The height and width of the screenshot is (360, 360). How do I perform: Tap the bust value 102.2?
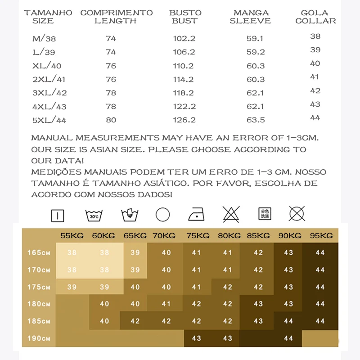pyautogui.click(x=184, y=39)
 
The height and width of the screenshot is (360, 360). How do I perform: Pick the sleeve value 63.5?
pyautogui.click(x=256, y=120)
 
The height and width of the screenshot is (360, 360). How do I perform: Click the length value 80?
pyautogui.click(x=111, y=120)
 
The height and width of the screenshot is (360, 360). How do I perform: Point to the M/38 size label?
pyautogui.click(x=44, y=39)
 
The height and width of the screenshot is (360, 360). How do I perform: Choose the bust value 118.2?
pyautogui.click(x=184, y=93)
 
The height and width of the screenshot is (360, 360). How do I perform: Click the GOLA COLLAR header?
pyautogui.click(x=315, y=17)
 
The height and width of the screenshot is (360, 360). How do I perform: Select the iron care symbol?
pyautogui.click(x=197, y=214)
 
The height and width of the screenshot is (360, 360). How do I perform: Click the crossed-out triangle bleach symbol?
pyautogui.click(x=230, y=214)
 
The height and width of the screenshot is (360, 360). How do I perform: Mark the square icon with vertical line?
pyautogui.click(x=58, y=215)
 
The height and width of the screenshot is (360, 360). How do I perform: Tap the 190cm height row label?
pyautogui.click(x=39, y=338)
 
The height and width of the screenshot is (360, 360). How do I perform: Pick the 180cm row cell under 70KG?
pyautogui.click(x=166, y=304)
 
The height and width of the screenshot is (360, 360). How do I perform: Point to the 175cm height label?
pyautogui.click(x=39, y=287)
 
